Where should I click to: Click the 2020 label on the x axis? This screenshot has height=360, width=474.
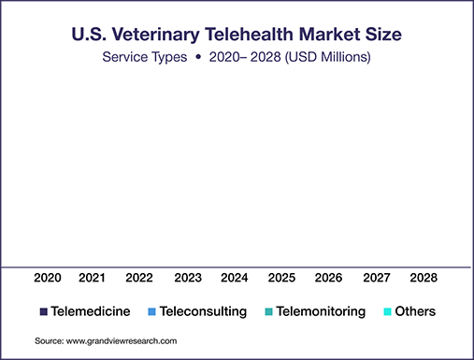coord(48,278)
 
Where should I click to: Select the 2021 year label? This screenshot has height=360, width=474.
coord(92,278)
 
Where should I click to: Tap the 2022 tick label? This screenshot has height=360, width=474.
coord(139,278)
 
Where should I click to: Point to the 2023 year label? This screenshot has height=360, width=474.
coord(188,278)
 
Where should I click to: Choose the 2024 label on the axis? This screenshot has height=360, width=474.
coord(235,278)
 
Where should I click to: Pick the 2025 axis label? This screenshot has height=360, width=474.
coord(281,278)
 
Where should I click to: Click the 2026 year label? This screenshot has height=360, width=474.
coord(328,278)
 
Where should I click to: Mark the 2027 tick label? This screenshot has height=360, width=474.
coord(377,278)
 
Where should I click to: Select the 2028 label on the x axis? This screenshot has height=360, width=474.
coord(424,278)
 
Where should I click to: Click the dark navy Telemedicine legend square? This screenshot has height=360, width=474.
coord(44,311)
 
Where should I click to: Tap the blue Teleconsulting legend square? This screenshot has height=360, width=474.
coord(151,311)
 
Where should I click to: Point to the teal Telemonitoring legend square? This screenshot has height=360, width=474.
coord(268,311)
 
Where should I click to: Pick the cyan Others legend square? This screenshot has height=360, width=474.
coord(387,311)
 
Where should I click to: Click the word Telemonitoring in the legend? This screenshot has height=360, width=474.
coord(321,311)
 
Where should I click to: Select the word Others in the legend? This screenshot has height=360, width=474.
coord(415,311)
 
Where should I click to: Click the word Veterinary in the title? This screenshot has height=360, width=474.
coord(156,35)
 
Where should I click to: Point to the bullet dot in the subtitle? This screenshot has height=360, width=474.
coord(198,57)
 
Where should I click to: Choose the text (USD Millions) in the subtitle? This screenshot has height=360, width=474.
coord(328,57)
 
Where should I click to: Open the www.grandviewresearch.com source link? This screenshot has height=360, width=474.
coord(122,341)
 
